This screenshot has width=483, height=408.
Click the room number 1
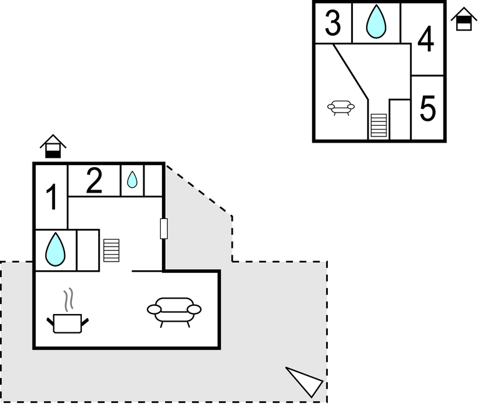click(52, 197)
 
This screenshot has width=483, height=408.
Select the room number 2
click(94, 181)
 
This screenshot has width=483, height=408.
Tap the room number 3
click(333, 23)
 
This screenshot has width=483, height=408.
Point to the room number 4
click(426, 39)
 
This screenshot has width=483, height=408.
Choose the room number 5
click(427, 108)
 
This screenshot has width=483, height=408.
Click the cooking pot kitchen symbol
click(68, 323)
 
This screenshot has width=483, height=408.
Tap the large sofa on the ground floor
click(174, 312)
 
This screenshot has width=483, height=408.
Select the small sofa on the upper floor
click(341, 108)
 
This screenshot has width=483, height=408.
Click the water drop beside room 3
click(376, 21)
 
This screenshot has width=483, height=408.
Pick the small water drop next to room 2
click(132, 180)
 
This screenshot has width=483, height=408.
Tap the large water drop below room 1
click(55, 250)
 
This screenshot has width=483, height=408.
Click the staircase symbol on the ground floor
click(111, 250)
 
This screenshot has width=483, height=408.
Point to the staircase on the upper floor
click(379, 125)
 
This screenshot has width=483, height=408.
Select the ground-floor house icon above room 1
click(53, 146)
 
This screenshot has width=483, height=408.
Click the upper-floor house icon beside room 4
click(464, 19)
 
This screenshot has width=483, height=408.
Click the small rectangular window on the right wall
click(164, 228)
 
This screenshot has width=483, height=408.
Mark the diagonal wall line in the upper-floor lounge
click(351, 71)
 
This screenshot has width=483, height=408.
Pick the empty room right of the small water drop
click(153, 181)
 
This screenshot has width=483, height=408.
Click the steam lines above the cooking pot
click(69, 300)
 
